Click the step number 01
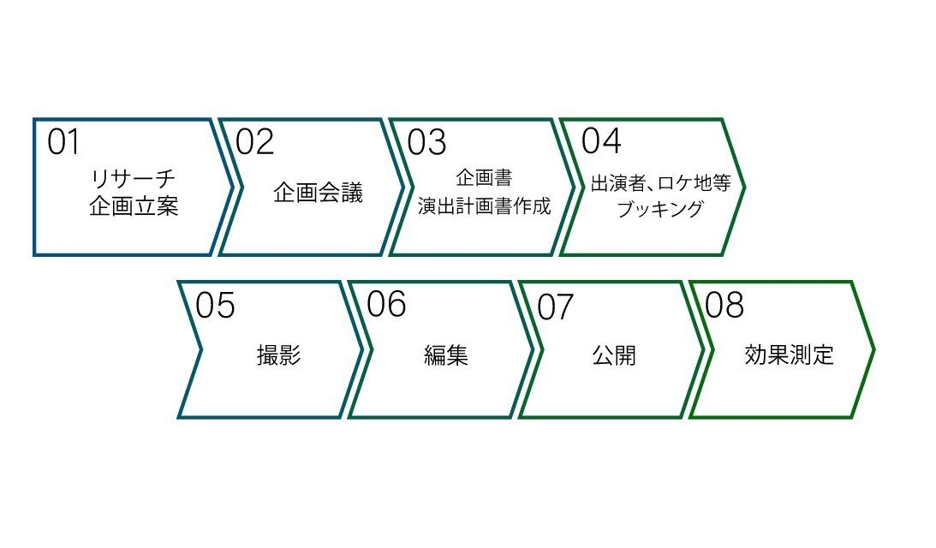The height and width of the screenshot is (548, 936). point(63,143)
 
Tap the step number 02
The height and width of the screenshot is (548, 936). point(254,143)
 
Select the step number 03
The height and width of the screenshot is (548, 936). point(426,143)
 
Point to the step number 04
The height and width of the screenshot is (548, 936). point(601,140)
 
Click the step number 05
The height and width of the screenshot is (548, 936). point(215,306)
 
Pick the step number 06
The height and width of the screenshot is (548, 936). point(386,304)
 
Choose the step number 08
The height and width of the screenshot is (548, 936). point(724,305)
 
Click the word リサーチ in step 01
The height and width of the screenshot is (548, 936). point(133,179)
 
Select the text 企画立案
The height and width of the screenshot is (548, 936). point(134,206)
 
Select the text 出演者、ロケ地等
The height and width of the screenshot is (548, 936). point(660,183)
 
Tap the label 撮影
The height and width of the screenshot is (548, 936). point(278,355)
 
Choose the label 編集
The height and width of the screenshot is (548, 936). point(446,355)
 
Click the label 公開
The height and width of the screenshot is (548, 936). point(614,355)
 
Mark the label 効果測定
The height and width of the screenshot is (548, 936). point(790,355)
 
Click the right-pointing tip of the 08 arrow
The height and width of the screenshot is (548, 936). point(873,349)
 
